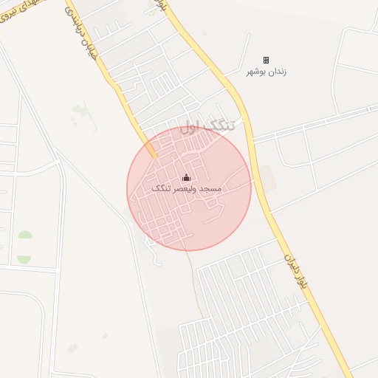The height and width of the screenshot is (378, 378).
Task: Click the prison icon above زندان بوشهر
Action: coord(266,61)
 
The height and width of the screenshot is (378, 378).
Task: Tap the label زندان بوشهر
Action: coord(266,72)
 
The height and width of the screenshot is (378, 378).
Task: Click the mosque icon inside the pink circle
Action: coord(186,177)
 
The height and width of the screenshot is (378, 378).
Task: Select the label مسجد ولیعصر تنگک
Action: coord(187,189)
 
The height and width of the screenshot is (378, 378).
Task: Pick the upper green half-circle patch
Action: coord(25,236)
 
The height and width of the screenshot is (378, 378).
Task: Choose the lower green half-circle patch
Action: coord(24,259)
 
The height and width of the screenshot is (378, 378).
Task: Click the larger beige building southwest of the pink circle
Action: coord(72,348)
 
